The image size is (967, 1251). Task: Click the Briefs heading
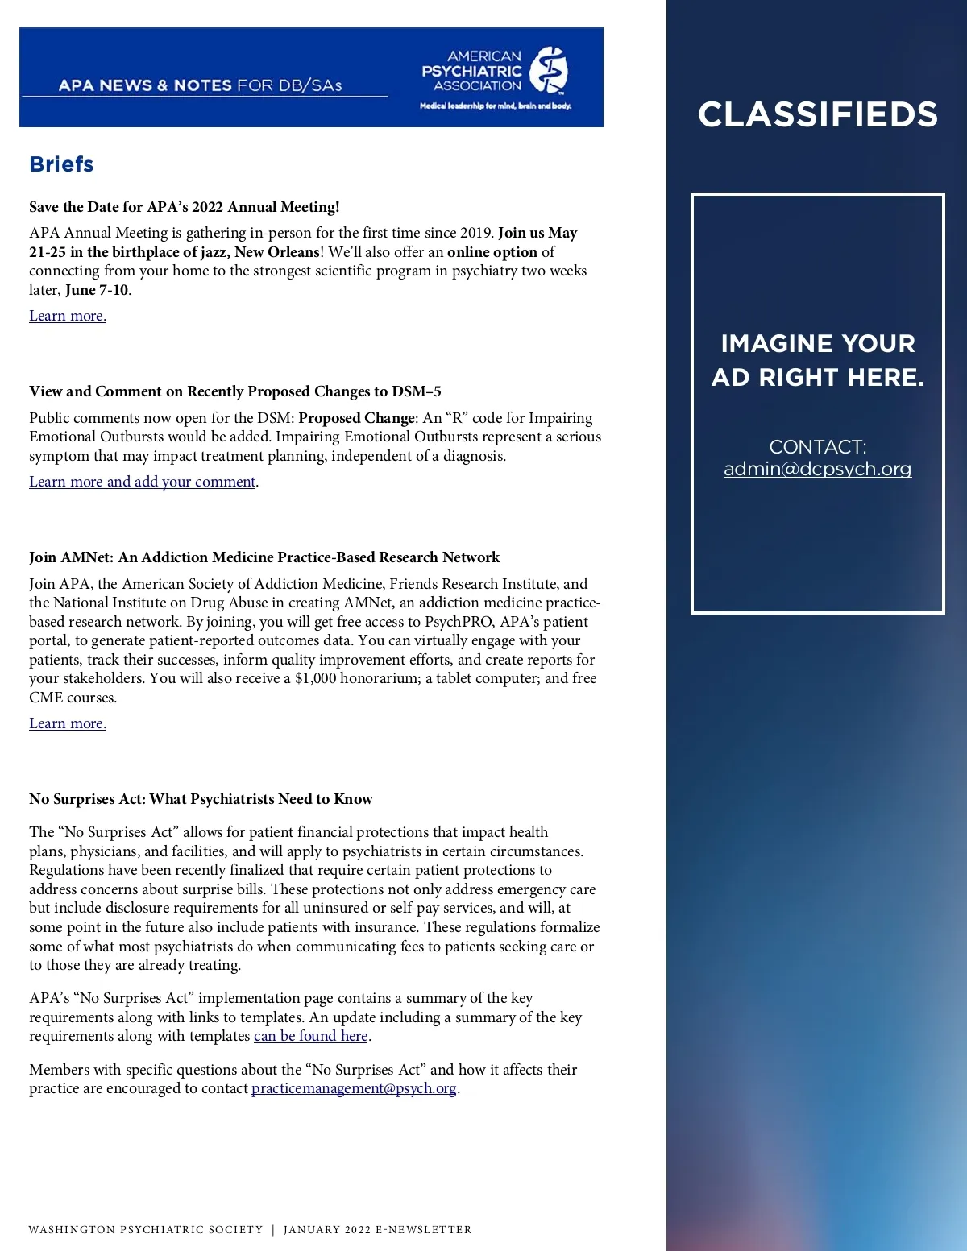point(61,164)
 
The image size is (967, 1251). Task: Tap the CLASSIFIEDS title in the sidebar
point(817,114)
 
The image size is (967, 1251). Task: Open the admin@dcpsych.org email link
point(817,469)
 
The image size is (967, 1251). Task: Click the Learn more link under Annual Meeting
point(68,316)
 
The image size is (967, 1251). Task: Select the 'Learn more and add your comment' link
point(143,482)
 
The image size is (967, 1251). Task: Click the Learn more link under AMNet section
point(68,723)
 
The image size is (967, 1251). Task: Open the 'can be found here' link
point(311,1036)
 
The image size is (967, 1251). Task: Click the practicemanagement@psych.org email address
point(354,1088)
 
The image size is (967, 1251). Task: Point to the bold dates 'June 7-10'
point(97,290)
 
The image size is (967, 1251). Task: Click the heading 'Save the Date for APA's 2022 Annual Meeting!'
point(185,207)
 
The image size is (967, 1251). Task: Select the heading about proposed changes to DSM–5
point(235,391)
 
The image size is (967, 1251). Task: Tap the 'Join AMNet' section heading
point(264,557)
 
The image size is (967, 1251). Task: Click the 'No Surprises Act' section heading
point(201,799)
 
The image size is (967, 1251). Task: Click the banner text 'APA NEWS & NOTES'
point(145,85)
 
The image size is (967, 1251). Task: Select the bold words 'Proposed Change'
point(356,418)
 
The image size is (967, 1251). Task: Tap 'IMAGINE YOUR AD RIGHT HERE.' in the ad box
point(817,360)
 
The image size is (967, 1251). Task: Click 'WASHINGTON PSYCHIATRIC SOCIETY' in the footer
point(146,1230)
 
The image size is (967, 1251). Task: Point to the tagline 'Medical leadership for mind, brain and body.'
point(496,106)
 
